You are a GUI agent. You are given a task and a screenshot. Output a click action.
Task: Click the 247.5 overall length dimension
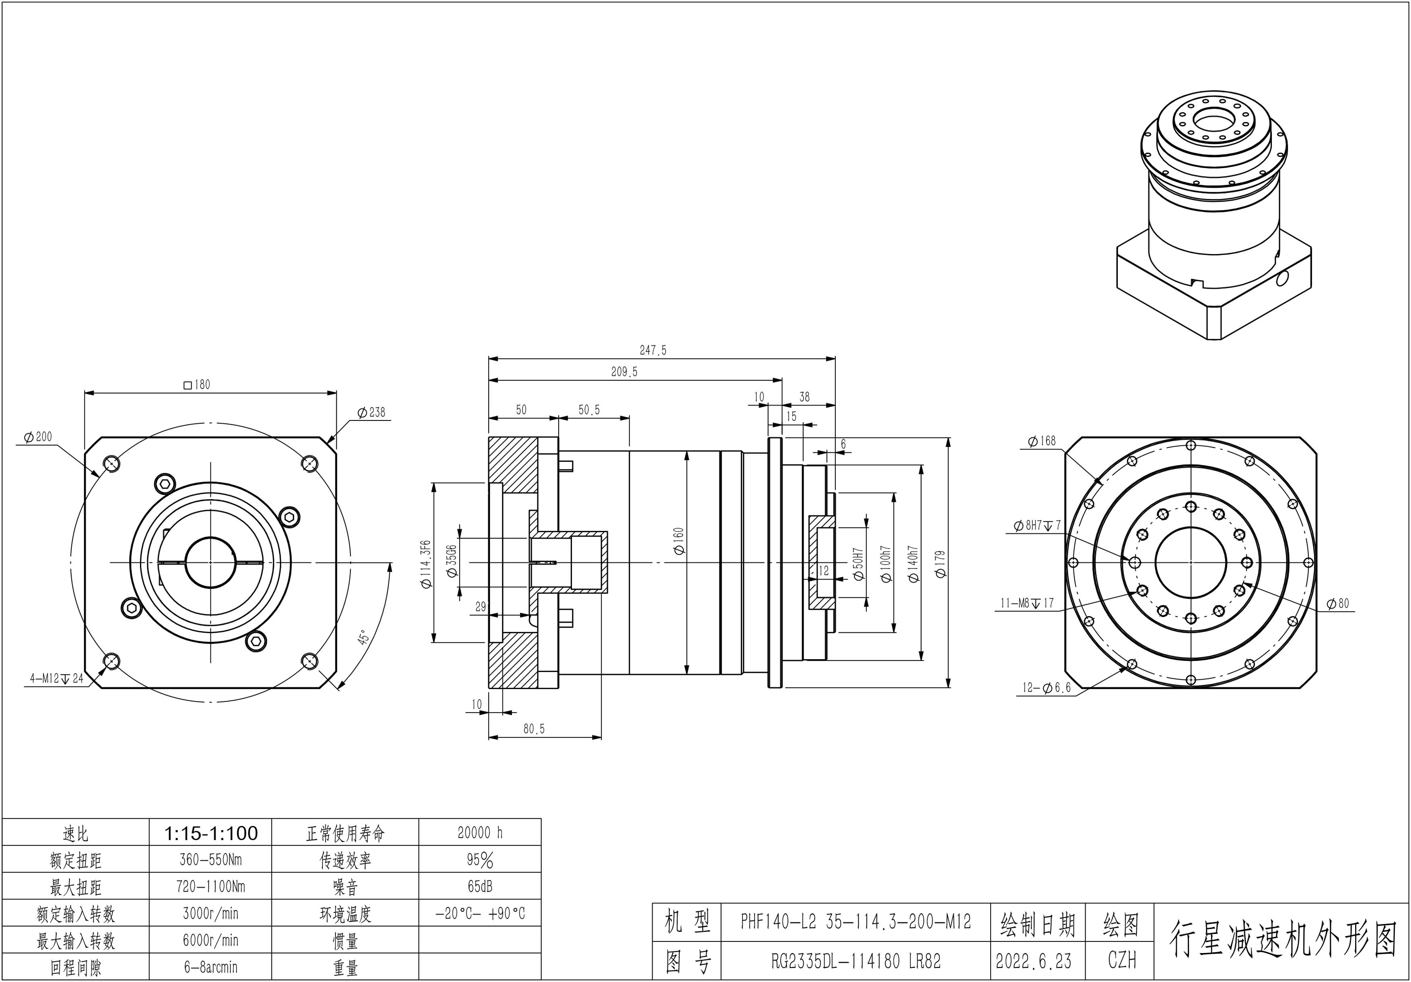tap(653, 350)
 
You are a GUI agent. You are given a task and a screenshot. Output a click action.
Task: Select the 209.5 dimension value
tap(624, 371)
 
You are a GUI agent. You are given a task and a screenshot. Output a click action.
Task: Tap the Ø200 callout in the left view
tap(38, 437)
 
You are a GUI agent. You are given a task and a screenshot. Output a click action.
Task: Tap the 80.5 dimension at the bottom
tap(533, 729)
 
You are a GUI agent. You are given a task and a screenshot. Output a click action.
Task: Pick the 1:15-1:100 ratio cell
tap(210, 833)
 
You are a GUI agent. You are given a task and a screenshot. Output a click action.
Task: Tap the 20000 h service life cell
tap(480, 833)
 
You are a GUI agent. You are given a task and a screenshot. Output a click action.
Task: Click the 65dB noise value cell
tap(480, 886)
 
